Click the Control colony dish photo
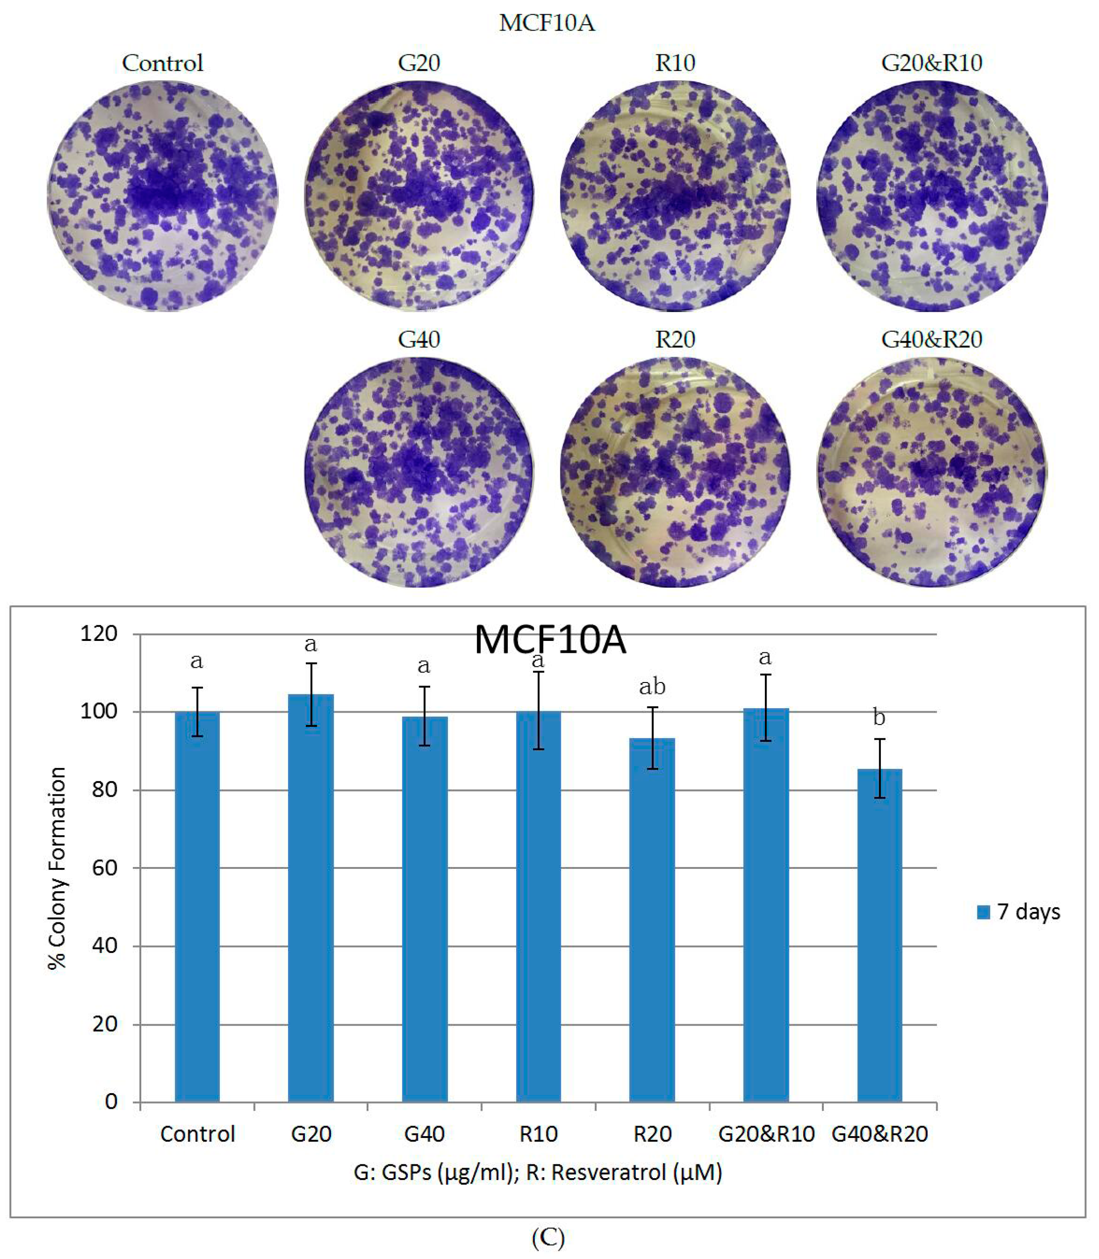coord(163,196)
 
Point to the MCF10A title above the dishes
coord(547,23)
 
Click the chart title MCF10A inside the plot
coord(550,640)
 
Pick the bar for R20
coord(652,920)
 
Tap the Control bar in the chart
coord(197,907)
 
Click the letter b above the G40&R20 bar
coord(879,717)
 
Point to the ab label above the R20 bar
coord(652,687)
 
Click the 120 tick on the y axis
coord(99,633)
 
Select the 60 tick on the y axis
coord(104,868)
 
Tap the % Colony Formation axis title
coord(57,868)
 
